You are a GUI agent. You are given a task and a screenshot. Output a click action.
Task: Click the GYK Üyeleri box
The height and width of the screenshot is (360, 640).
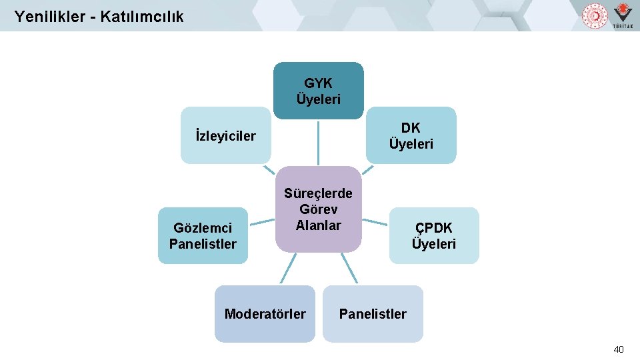pos(319,91)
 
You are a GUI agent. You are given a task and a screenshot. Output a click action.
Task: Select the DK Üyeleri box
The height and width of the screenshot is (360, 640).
pos(411,135)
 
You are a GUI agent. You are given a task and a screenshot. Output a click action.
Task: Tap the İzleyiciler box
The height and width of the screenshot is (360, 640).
pos(225,136)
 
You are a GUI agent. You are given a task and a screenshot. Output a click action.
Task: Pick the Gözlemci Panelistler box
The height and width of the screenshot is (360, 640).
pos(203,236)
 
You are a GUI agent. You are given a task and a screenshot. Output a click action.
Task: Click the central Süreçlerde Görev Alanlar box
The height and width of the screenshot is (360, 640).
pos(318,209)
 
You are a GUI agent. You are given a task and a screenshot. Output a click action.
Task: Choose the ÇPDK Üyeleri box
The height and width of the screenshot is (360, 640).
pos(433,236)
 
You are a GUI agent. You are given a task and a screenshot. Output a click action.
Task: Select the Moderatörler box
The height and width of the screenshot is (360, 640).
pos(265,313)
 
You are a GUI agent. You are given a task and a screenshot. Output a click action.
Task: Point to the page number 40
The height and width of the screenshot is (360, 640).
pos(619,349)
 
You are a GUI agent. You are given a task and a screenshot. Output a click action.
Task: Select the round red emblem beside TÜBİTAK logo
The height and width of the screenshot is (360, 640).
pos(595,15)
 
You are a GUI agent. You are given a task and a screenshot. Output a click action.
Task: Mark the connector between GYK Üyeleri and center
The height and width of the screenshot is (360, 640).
pos(318,143)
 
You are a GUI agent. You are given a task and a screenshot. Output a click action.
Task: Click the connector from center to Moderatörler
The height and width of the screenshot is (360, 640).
pos(287,269)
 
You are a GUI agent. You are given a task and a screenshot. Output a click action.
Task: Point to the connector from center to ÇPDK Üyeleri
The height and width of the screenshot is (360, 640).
pos(375,219)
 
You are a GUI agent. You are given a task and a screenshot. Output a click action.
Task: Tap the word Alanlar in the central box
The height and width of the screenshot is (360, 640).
pos(318,225)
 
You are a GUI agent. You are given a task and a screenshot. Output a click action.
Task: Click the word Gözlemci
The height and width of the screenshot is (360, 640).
pos(203,229)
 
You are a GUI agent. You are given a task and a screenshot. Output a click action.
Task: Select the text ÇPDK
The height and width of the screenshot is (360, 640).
pos(433,228)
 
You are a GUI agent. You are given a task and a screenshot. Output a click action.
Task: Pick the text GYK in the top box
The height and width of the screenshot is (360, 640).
pos(319,83)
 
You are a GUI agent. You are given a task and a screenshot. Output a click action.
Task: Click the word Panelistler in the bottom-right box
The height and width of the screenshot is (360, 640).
pos(373,313)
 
